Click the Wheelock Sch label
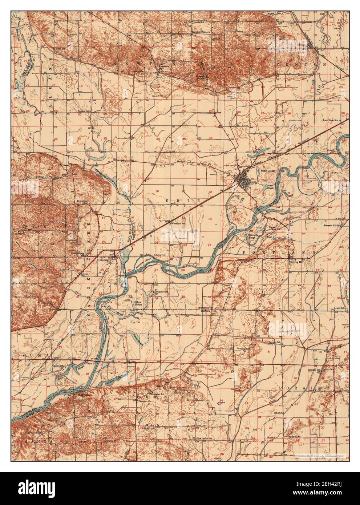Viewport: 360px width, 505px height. [x=178, y=224]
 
